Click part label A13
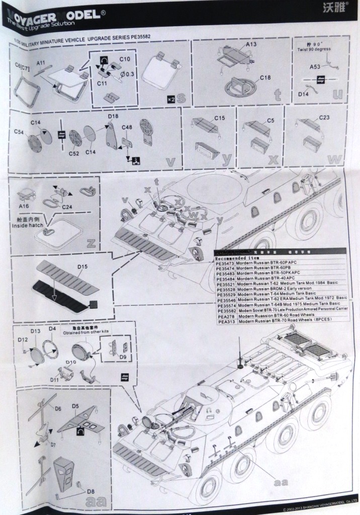pos(251,44)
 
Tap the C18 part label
pos(265,77)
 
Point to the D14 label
pos(304,94)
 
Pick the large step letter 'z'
pos(91,243)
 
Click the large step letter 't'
pos(277,95)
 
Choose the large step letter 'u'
pos(337,94)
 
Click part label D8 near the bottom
pos(91,491)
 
